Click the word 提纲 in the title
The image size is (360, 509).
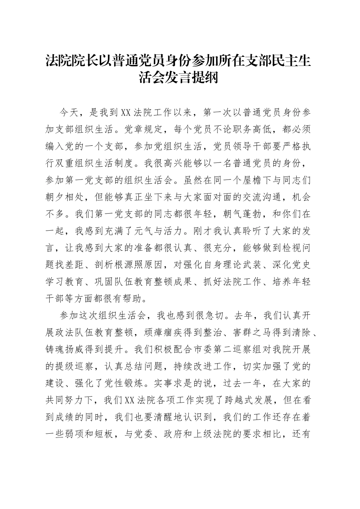click(205, 78)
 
